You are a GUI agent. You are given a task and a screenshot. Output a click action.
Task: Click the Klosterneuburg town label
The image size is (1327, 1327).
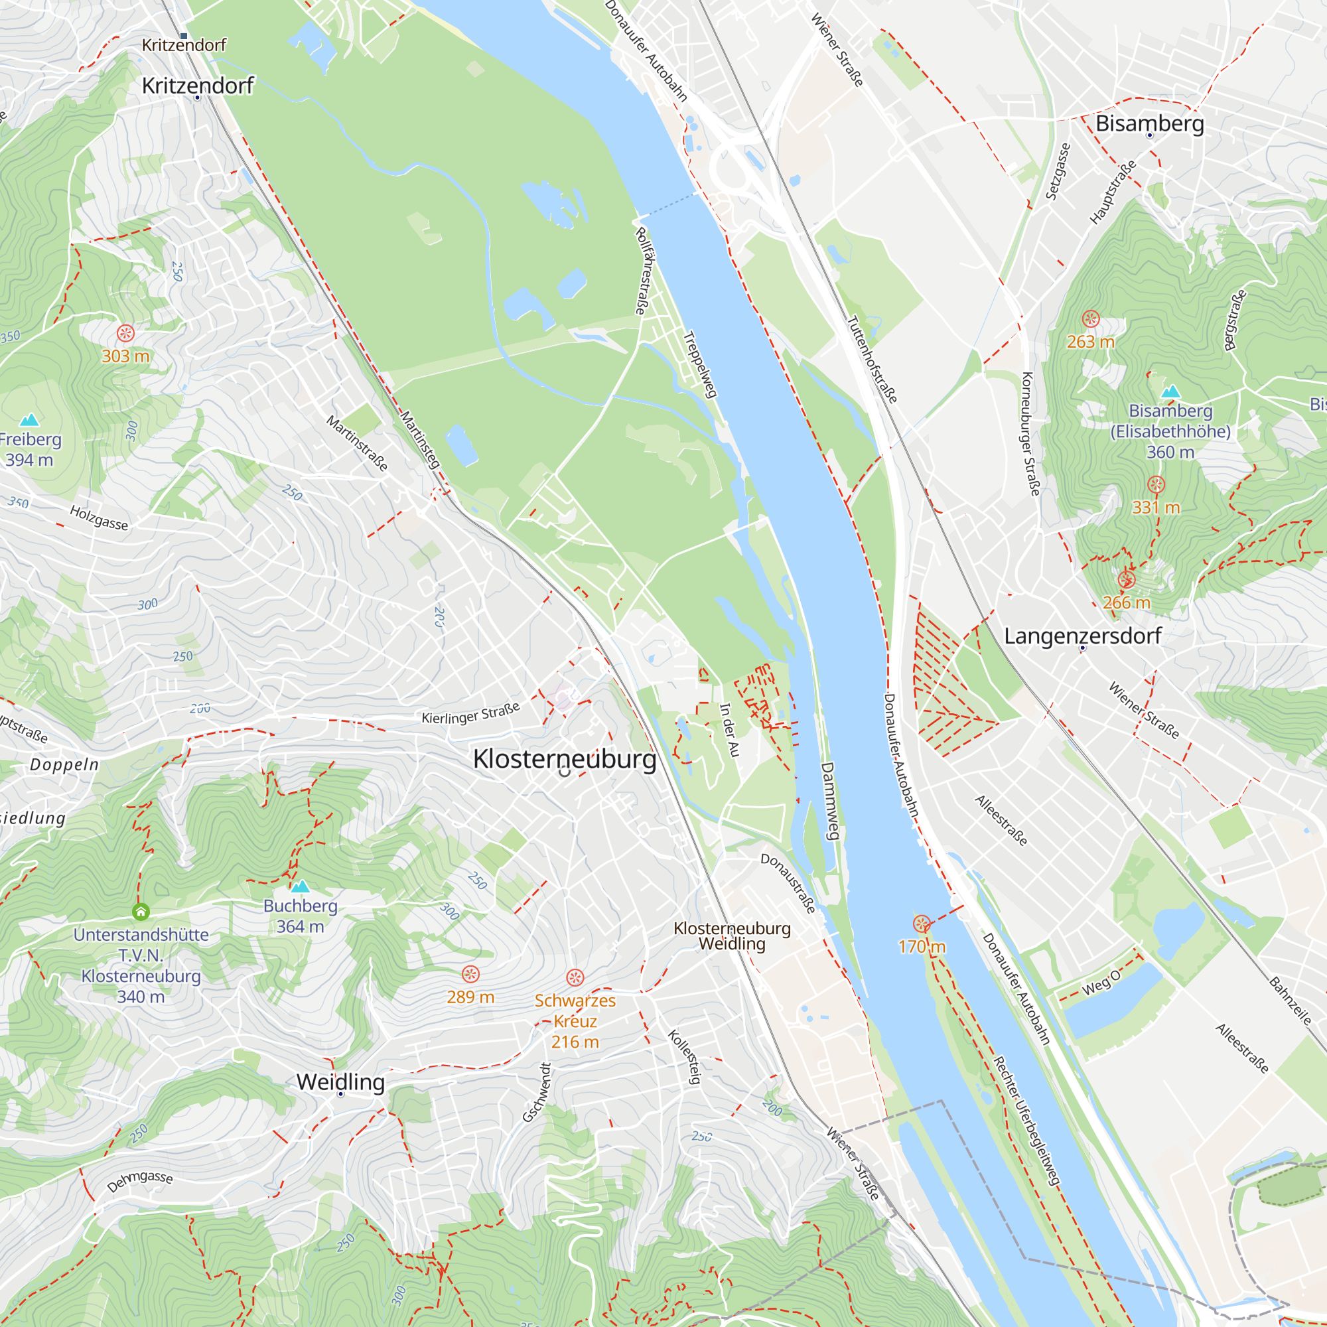pos(565,759)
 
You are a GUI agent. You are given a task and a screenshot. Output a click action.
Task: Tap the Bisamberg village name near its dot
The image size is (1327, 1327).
pos(1150,123)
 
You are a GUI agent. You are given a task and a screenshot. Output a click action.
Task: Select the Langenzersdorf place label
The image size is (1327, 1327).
pos(1082,636)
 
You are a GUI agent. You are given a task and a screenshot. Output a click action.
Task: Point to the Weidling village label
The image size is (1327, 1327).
pos(340,1082)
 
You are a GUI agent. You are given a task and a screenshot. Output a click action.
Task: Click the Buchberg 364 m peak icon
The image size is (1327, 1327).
pos(300,886)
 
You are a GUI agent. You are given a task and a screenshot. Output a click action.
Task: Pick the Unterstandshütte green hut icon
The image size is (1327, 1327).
pos(141,912)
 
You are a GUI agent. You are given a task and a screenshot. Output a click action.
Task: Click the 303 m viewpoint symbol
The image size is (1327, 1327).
pos(125,334)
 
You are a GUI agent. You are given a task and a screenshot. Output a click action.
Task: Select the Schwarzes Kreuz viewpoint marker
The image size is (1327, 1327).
pos(575,977)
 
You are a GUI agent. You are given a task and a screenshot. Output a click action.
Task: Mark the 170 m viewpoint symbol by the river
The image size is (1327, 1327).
pos(922,924)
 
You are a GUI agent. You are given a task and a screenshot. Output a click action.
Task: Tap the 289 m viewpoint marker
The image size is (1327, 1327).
pos(470,974)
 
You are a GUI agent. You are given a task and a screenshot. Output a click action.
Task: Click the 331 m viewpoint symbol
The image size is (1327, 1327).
pos(1156,485)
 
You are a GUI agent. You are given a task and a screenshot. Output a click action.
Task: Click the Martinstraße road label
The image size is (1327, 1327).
pos(357,443)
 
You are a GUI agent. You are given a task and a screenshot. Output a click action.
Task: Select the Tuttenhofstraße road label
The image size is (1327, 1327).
pos(872,359)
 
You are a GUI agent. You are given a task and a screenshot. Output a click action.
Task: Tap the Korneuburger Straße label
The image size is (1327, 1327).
pos(1030,433)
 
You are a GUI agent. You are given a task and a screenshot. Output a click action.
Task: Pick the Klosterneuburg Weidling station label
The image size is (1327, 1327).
pos(733,936)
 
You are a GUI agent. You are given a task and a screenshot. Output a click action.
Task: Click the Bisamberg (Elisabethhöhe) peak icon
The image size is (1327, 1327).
pos(1170,392)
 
